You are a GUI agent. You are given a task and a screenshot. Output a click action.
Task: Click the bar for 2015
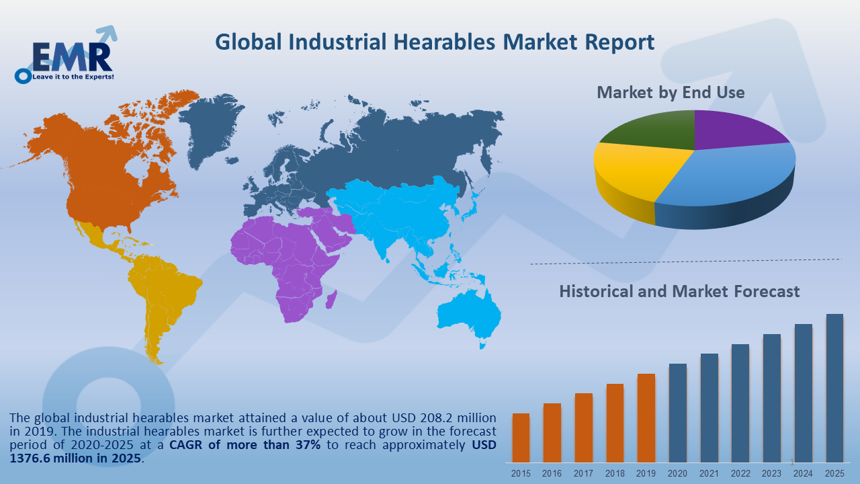pyautogui.click(x=521, y=437)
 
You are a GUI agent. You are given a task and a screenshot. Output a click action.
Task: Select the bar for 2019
pyautogui.click(x=646, y=417)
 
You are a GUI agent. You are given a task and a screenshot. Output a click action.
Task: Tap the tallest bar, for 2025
pyautogui.click(x=834, y=387)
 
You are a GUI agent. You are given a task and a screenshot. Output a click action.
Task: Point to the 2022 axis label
pyautogui.click(x=740, y=473)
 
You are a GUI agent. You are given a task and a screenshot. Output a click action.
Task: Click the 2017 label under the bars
pyautogui.click(x=583, y=473)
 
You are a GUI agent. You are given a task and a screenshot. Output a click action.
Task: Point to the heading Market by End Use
pyautogui.click(x=671, y=92)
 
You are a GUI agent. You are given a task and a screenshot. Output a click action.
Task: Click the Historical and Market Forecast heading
pyautogui.click(x=679, y=291)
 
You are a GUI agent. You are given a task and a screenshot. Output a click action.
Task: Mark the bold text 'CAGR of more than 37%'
pyautogui.click(x=245, y=445)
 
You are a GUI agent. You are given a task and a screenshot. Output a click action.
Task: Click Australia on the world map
pyautogui.click(x=470, y=316)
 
